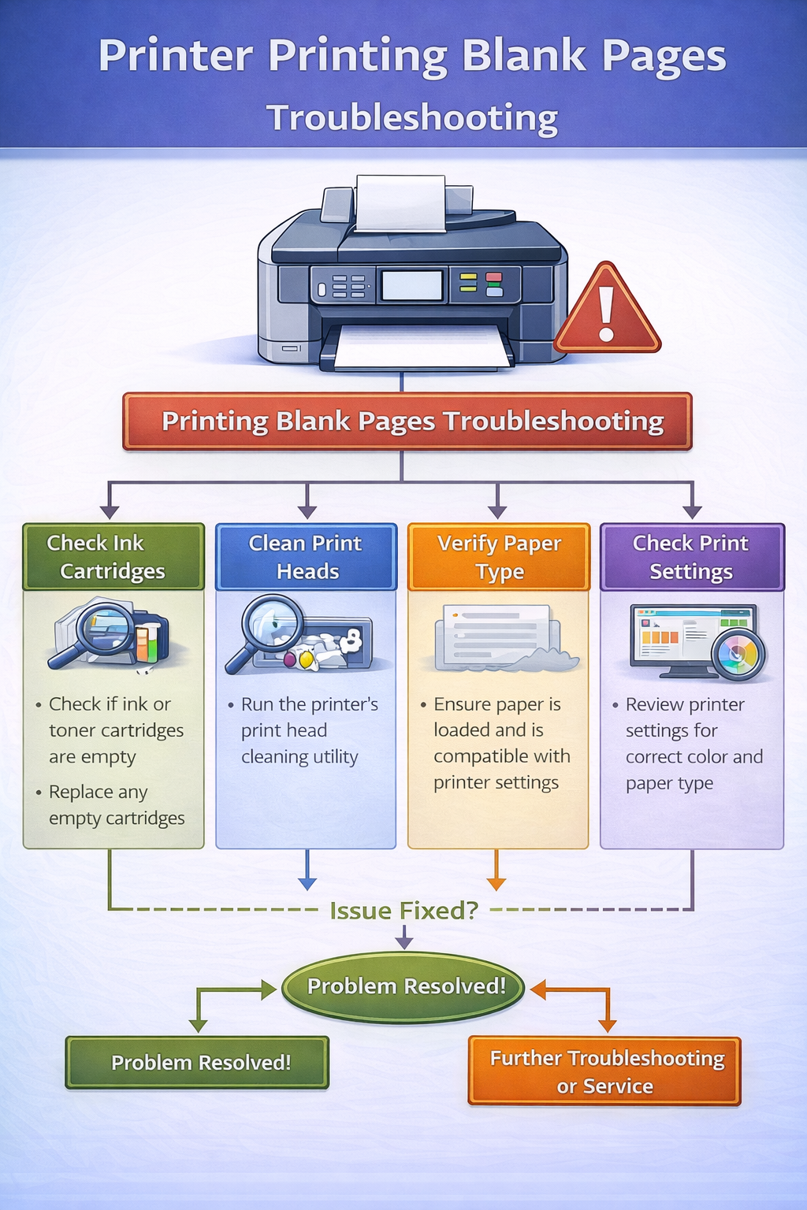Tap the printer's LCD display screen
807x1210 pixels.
point(411,285)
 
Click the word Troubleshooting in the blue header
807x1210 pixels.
point(412,118)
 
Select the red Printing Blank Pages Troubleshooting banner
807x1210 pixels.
point(407,421)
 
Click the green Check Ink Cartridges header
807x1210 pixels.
point(113,557)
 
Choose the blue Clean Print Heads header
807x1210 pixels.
point(306,557)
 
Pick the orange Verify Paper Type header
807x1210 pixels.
point(498,557)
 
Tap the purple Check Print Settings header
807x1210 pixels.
point(691,557)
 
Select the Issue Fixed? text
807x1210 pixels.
point(403,911)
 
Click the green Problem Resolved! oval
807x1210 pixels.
point(404,986)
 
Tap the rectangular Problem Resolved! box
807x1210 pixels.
point(197,1063)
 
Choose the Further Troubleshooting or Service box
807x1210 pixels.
point(604,1071)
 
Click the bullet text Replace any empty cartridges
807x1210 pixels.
point(115,805)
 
